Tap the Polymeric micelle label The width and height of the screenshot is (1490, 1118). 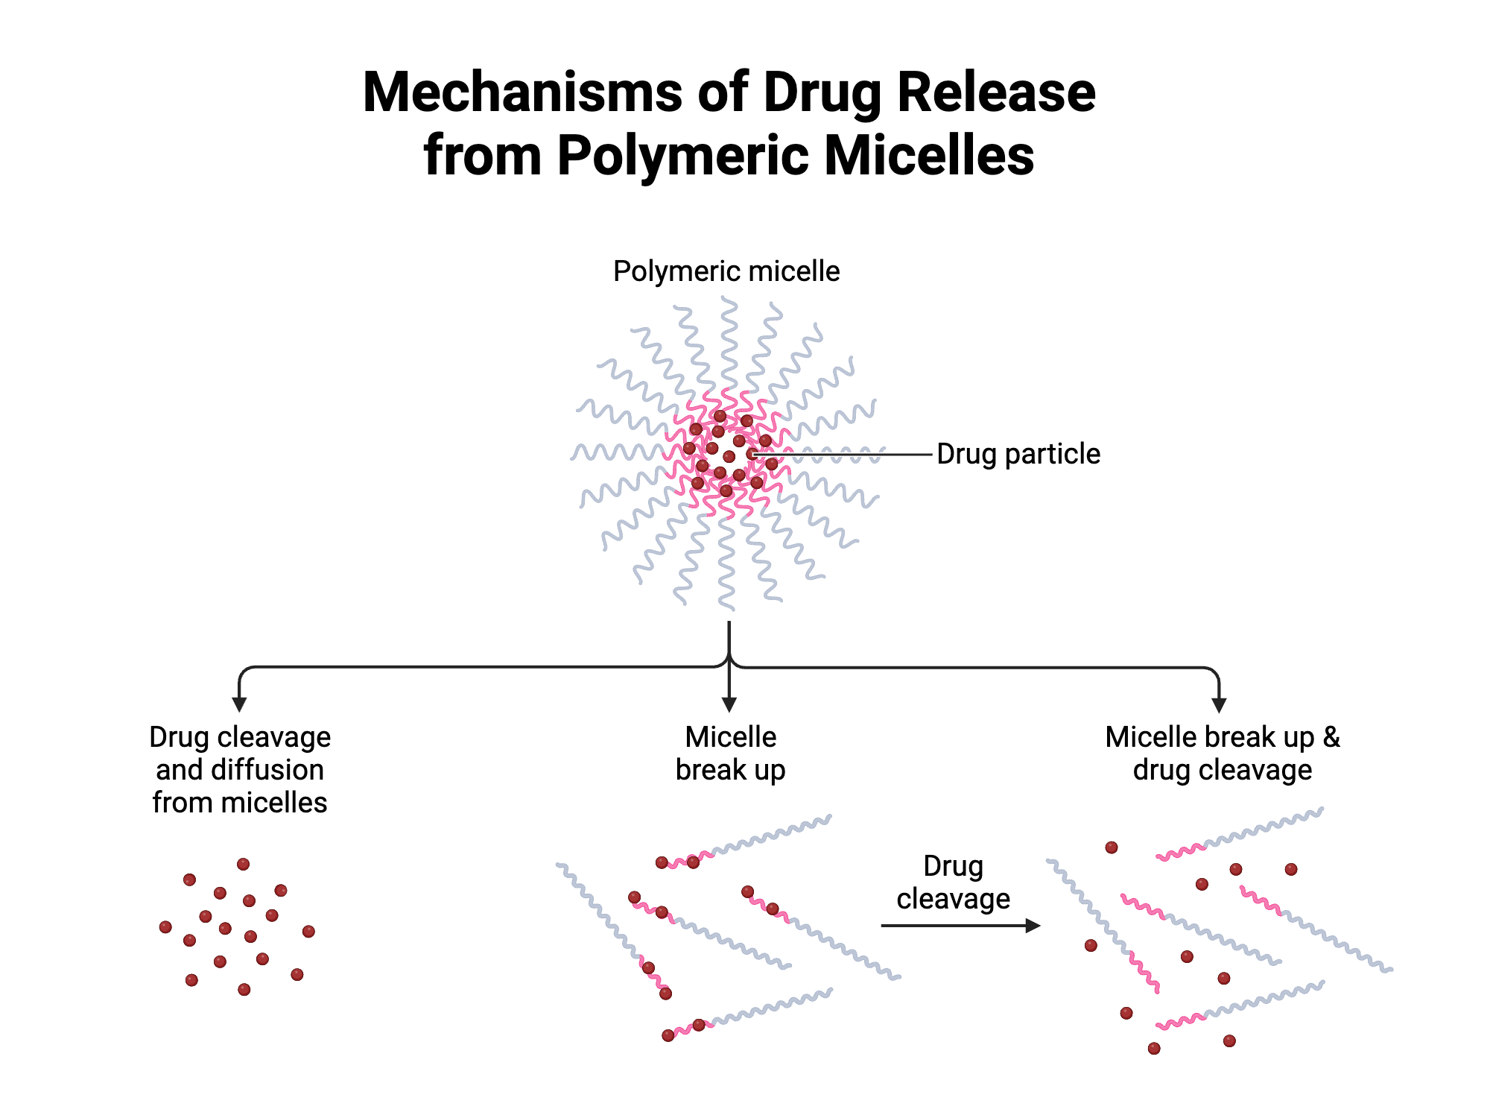(726, 271)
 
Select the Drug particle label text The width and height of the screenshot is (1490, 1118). (1018, 454)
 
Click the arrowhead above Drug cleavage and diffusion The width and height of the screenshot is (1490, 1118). (239, 704)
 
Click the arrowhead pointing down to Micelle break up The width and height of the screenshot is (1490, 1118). (729, 704)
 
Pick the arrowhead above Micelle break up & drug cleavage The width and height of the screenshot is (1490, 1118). (1219, 705)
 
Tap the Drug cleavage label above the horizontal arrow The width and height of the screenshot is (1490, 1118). (953, 882)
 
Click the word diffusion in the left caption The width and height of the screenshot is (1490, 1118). (268, 770)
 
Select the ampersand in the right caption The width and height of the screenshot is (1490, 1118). (1331, 737)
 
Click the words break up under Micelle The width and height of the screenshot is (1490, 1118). (730, 770)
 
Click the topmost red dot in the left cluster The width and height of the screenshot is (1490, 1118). (243, 865)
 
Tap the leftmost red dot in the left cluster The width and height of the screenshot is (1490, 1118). (165, 927)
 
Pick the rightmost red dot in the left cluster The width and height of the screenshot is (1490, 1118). (308, 931)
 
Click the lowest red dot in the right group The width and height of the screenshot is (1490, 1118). (1154, 1049)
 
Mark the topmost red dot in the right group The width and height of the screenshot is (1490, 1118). (1111, 847)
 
